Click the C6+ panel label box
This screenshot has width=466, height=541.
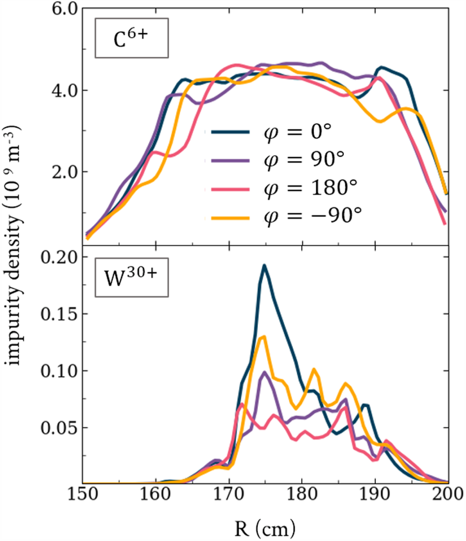click(132, 41)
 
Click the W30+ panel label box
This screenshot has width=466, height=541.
click(132, 280)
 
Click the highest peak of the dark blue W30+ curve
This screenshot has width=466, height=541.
click(264, 266)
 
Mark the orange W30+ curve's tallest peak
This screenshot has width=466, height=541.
click(264, 337)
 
